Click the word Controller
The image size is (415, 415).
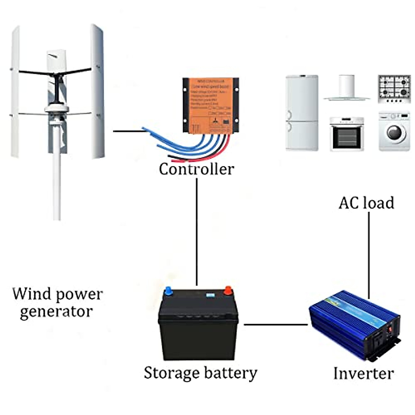(x=196, y=169)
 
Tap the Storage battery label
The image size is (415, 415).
(x=201, y=373)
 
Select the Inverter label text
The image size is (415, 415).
(x=363, y=373)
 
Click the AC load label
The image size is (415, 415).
(x=366, y=203)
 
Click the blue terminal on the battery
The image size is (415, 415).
(x=168, y=291)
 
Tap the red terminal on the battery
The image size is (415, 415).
(x=228, y=290)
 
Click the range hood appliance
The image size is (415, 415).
(x=347, y=88)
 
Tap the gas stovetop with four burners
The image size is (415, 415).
(x=394, y=89)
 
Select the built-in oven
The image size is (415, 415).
(x=347, y=134)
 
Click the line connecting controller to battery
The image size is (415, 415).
(x=197, y=232)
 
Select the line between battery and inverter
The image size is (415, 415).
(x=276, y=324)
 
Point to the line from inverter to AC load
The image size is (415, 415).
(x=369, y=254)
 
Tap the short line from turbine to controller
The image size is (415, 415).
(x=128, y=131)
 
